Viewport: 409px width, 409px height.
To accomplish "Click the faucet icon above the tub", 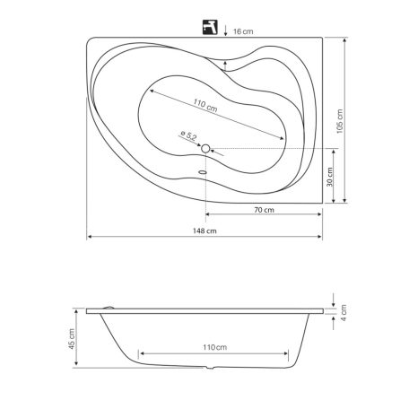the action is point(210,27).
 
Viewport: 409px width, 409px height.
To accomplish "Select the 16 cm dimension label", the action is point(243,31).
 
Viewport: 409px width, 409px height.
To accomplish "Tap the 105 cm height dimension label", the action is point(340,121).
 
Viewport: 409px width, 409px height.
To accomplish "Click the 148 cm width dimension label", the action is point(204,231).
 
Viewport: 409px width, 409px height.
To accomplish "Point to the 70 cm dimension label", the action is point(264,210).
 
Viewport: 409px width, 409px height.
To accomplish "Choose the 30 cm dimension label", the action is point(329,177).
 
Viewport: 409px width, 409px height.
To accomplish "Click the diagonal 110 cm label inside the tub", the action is point(204,105).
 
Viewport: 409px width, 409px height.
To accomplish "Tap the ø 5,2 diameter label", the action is point(188,135).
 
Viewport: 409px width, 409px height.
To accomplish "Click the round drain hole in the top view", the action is point(205,148).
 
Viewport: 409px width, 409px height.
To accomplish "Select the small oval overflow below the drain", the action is point(203,172).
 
